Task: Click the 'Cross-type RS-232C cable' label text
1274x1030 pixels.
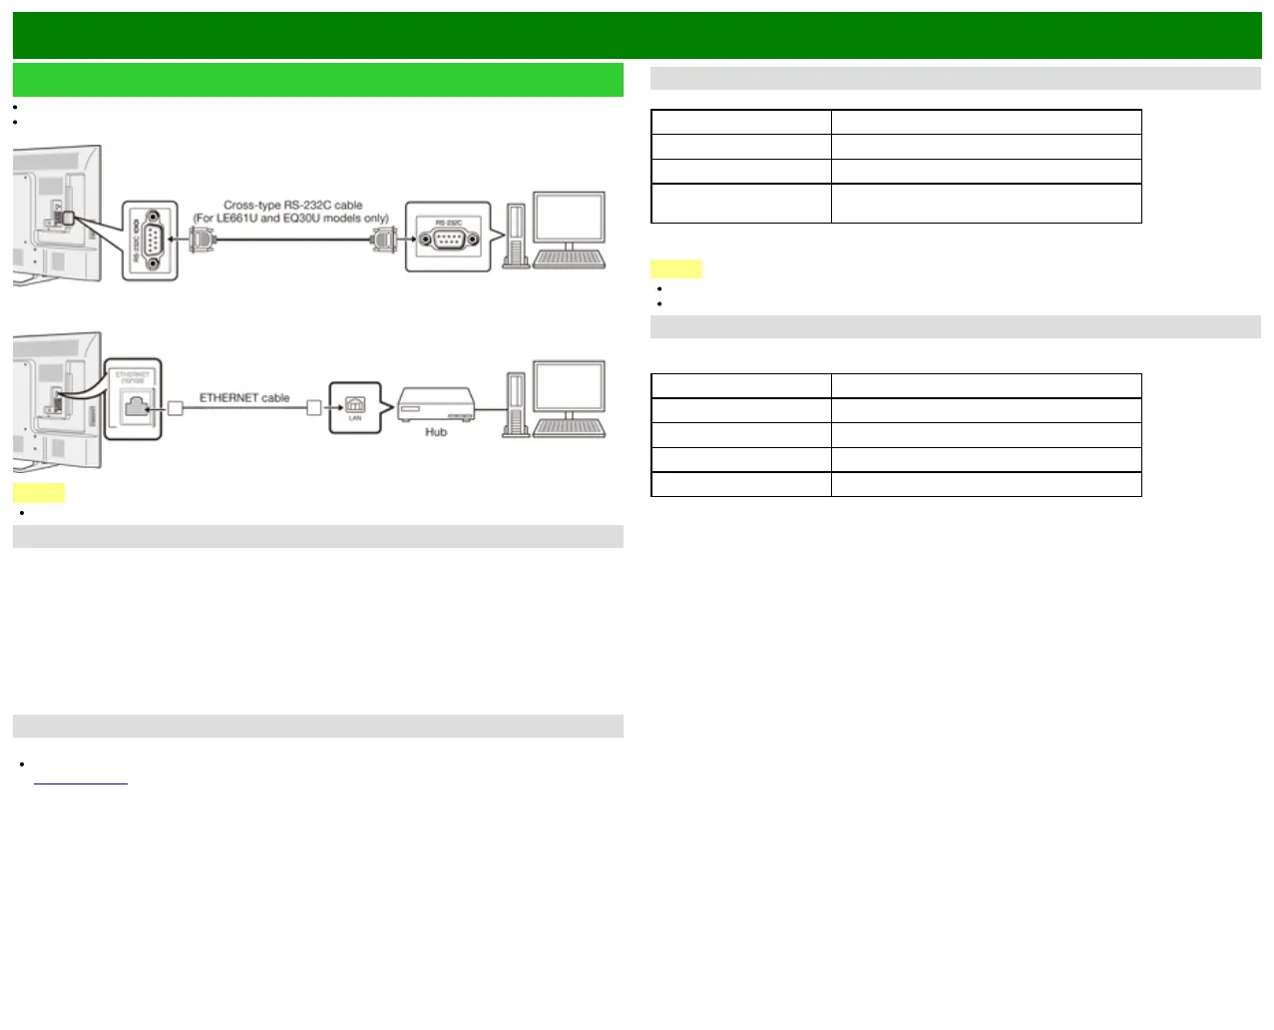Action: (x=292, y=205)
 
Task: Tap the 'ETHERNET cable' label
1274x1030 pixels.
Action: (x=244, y=397)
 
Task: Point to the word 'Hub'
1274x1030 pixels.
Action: (x=436, y=432)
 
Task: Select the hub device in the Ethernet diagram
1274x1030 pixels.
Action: (x=436, y=406)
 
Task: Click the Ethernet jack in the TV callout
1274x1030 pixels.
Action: (x=136, y=404)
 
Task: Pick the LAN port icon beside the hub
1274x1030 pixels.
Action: (x=355, y=405)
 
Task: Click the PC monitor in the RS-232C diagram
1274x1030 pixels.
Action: (x=569, y=219)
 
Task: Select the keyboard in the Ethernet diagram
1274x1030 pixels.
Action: (x=569, y=428)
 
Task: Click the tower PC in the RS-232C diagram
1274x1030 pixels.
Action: (x=515, y=236)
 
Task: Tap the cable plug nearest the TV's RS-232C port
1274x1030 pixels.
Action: (x=202, y=240)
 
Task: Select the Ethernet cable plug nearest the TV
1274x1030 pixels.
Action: (x=176, y=407)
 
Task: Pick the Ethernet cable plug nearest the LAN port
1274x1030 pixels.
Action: (x=313, y=407)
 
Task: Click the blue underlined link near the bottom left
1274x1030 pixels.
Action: (x=81, y=781)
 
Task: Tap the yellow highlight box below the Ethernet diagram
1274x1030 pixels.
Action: (x=39, y=493)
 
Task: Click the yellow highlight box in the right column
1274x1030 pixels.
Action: (x=676, y=268)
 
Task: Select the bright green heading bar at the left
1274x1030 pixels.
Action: (x=318, y=80)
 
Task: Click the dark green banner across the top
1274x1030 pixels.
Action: (x=637, y=35)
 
